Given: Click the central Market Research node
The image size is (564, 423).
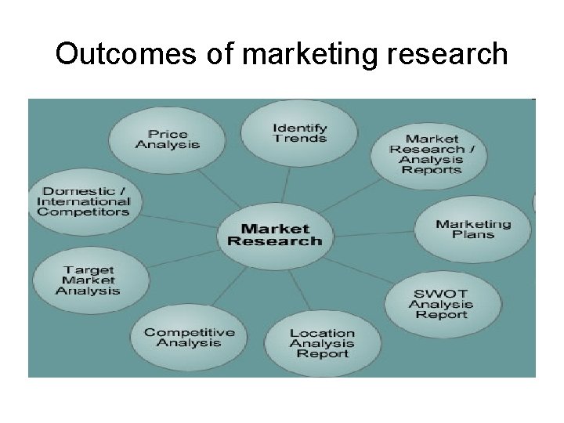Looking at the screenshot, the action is coord(274,234).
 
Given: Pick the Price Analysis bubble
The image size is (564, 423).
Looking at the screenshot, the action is coord(167,139).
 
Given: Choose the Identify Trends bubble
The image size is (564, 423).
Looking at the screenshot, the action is coord(299,132).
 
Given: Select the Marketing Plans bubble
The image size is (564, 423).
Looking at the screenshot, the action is coord(473,230).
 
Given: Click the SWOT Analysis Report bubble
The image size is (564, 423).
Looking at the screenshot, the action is coord(441,304).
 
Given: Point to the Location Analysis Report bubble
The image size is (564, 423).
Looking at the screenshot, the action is coord(322,343).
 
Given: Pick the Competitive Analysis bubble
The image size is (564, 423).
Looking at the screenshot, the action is coord(188,337).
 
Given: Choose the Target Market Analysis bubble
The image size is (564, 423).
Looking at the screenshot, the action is coord(88,280).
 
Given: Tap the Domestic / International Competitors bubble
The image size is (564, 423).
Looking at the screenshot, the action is coord(83,201).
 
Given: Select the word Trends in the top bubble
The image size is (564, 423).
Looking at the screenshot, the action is coord(299,139).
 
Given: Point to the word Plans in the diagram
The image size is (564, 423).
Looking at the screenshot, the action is coord(473,235).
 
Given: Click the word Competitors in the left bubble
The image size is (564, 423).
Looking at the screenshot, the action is coord(83,211).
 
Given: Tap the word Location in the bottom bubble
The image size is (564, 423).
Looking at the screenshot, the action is coord(322,333).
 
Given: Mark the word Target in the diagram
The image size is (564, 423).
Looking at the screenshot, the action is coord(88,270).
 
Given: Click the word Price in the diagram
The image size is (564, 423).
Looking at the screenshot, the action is coord(168,133).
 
